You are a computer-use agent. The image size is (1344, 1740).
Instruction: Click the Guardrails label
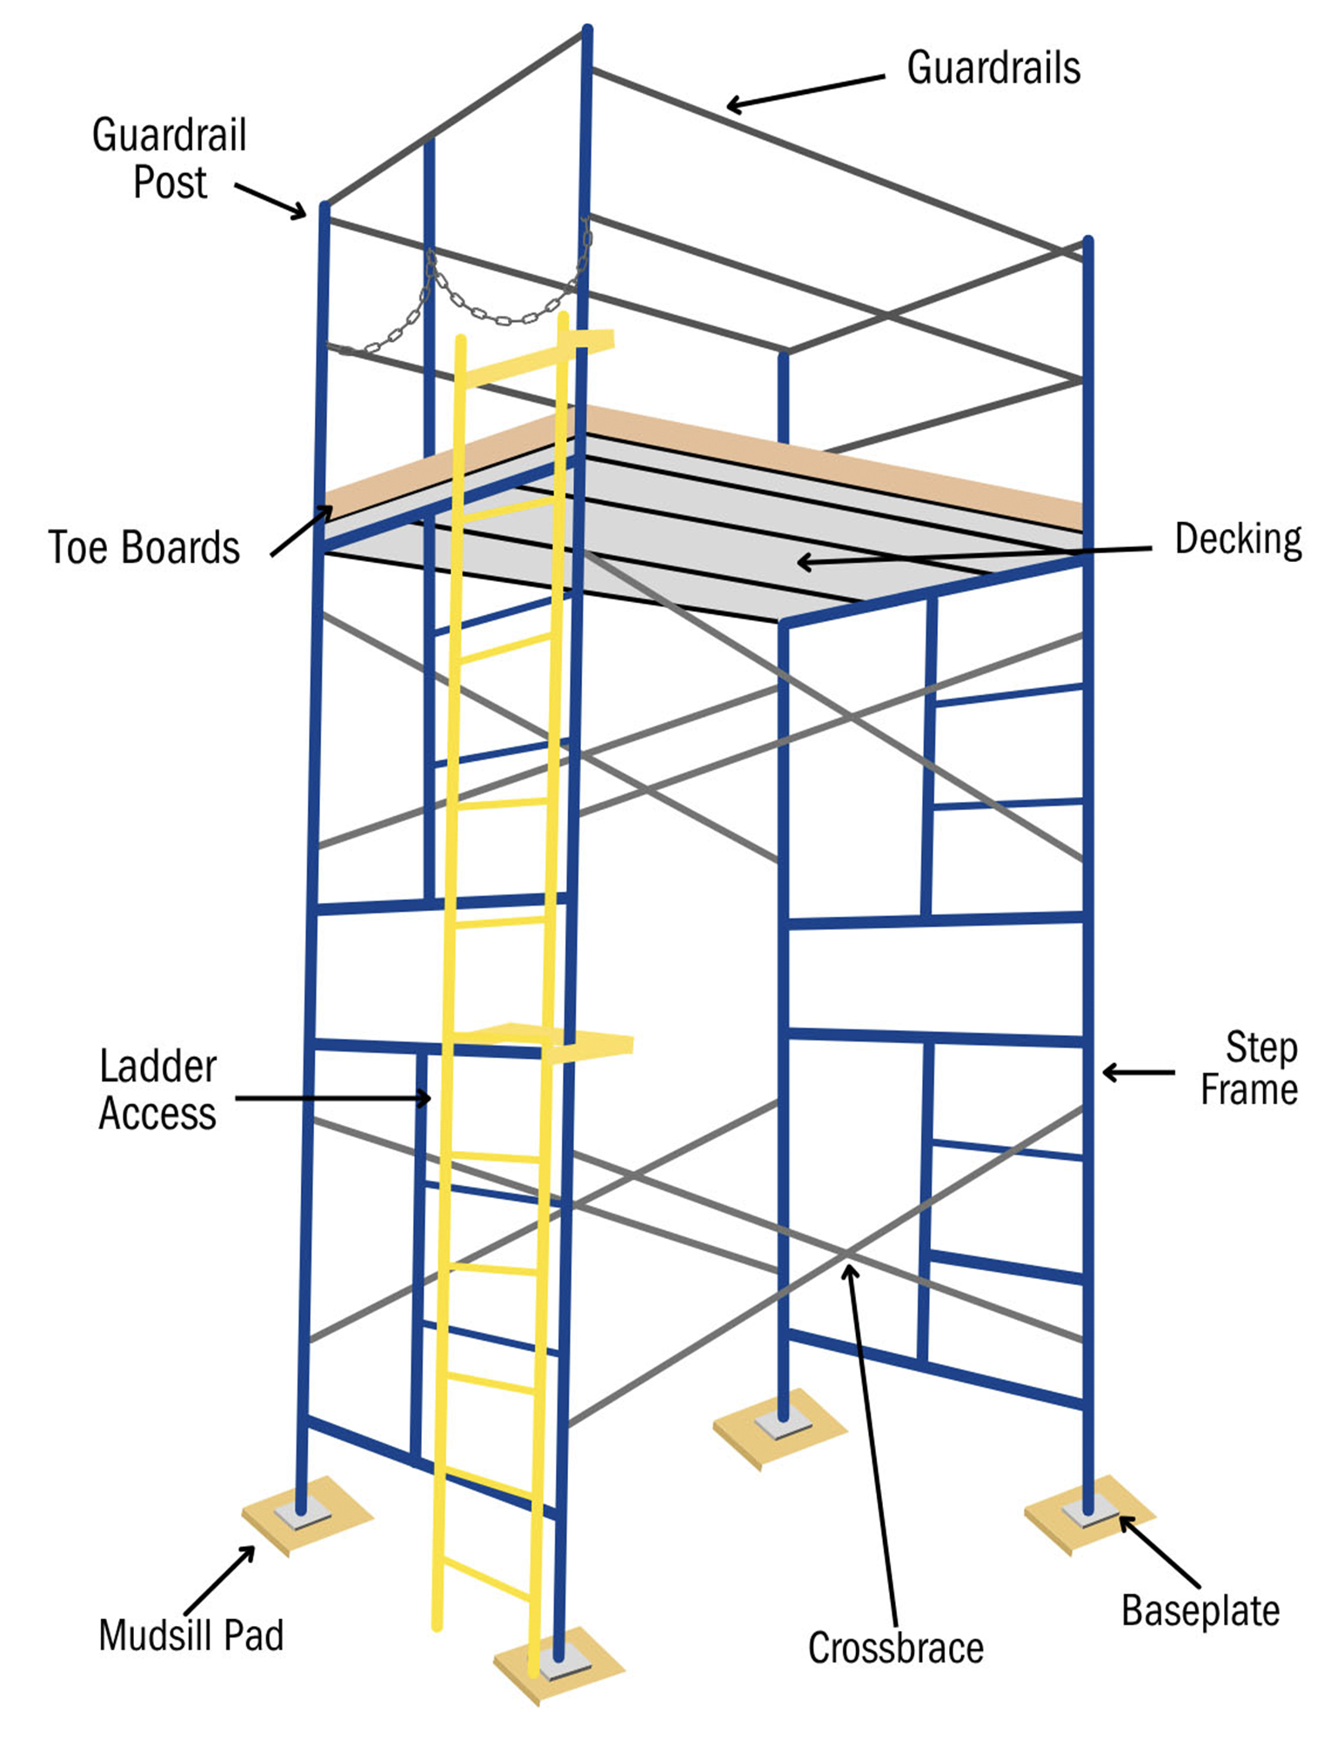pos(993,68)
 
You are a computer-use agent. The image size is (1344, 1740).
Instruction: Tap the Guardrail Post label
pos(170,158)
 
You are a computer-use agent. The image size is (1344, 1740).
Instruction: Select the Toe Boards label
pos(144,548)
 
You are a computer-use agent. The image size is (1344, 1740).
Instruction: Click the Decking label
pos(1238,539)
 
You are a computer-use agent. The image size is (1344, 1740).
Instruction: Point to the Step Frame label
pos(1250,1068)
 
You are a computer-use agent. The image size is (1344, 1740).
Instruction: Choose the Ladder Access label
pos(157,1090)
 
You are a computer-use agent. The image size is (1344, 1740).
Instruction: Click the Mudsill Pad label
pos(191,1636)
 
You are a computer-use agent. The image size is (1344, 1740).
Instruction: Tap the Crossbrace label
pos(895,1648)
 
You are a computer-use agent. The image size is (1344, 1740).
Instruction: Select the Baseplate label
pos(1200,1610)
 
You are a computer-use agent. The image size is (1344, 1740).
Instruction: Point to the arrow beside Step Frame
pos(1138,1073)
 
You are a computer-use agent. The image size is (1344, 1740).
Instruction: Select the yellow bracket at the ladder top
pos(592,339)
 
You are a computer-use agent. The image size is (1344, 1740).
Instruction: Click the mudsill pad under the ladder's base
pos(557,1675)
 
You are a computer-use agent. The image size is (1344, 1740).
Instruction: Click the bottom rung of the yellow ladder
pos(487,1579)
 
